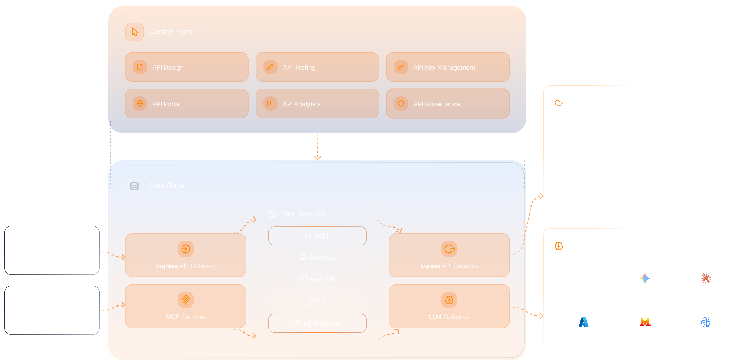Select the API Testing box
coord(317,67)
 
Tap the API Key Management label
coord(444,67)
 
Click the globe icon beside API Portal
coord(140,103)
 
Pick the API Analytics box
coord(317,104)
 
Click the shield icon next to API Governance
coord(401,103)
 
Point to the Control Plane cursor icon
coord(134,32)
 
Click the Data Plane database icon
coord(134,186)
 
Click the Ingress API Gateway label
coord(186,266)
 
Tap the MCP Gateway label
coord(186,317)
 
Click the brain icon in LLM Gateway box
coord(449,300)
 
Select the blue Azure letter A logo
coord(584,322)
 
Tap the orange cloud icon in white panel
coord(558,103)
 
